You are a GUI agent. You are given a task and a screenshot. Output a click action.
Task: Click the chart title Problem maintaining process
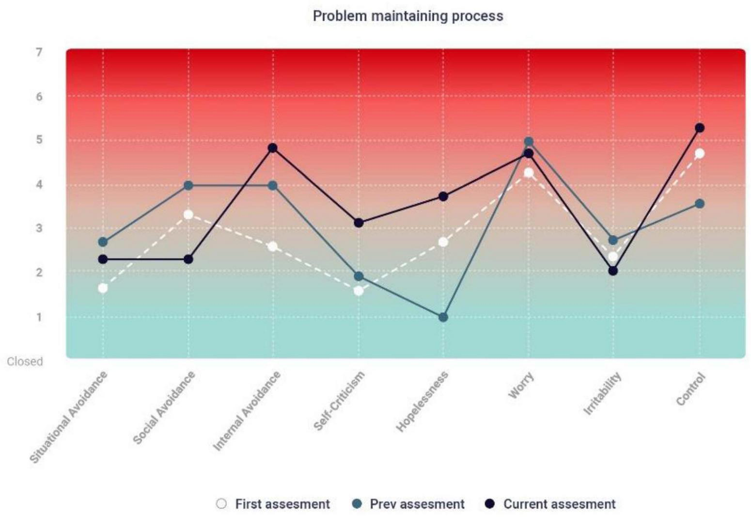(407, 16)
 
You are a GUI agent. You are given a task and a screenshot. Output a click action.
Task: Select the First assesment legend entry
(273, 504)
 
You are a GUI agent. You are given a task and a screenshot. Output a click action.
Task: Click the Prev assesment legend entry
(408, 504)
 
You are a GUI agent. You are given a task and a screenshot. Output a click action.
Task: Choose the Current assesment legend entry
(550, 504)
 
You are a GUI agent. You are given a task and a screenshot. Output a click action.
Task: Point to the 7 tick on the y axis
(39, 52)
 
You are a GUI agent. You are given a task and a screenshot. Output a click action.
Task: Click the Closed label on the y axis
(25, 361)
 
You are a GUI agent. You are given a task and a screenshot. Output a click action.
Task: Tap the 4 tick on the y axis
(39, 184)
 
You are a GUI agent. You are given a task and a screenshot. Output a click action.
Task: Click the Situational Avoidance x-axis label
(69, 417)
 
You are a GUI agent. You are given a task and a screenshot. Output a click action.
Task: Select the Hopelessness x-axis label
(422, 402)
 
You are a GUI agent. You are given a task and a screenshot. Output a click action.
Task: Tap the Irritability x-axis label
(602, 394)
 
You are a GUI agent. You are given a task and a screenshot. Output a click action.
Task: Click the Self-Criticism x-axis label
(339, 401)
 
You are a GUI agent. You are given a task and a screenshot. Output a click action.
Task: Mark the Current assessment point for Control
(699, 128)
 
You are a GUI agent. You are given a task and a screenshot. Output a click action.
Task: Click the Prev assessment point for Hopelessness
(443, 317)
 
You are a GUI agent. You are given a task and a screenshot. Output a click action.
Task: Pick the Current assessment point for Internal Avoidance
(273, 148)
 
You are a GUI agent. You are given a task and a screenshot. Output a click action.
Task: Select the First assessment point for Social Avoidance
(188, 214)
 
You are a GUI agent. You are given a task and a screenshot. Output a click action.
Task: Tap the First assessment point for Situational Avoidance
(103, 288)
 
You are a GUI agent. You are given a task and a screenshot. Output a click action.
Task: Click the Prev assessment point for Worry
(529, 142)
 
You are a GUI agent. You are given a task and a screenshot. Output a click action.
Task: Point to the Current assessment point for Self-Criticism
(359, 223)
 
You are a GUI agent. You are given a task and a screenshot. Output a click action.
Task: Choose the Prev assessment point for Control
(699, 204)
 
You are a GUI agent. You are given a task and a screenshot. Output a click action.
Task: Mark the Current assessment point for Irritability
(613, 271)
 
